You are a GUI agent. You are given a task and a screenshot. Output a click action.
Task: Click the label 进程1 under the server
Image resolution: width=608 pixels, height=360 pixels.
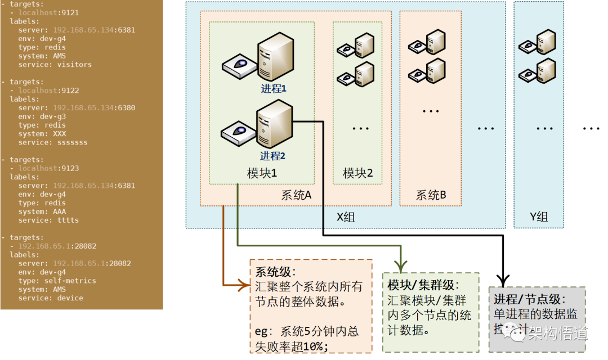click(274, 88)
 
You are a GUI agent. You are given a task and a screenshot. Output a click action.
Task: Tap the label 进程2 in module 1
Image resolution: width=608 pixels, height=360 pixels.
click(273, 156)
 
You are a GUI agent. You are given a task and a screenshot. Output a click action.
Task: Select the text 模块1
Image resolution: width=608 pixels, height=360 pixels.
click(262, 173)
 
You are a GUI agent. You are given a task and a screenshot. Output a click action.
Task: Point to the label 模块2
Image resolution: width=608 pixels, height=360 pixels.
click(358, 173)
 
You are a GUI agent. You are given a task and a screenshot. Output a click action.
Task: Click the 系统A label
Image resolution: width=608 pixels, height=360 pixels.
click(297, 195)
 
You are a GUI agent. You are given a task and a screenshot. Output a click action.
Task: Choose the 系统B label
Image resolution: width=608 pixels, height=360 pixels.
click(431, 195)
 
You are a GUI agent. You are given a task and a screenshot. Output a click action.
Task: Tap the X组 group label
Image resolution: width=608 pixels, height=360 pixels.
click(346, 217)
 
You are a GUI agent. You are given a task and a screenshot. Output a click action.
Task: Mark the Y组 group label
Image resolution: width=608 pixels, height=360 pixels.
click(539, 217)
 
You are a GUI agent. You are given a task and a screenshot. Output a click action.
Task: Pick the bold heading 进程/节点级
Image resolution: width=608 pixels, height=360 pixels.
click(529, 299)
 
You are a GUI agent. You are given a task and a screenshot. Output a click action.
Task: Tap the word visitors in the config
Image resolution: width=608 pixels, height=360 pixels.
click(74, 64)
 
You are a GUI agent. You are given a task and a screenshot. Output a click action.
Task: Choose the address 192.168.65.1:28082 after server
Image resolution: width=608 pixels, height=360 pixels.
click(92, 263)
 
